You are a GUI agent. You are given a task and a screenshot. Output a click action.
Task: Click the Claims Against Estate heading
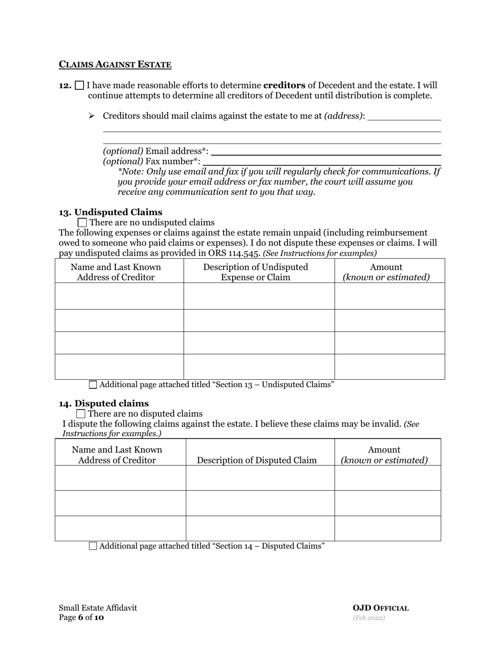coord(115,65)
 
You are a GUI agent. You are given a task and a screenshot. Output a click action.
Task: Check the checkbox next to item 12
coord(79,85)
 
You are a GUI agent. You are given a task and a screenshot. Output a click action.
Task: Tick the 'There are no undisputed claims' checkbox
coord(82,223)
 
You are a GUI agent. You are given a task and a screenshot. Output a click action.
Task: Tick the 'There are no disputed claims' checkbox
coord(81,414)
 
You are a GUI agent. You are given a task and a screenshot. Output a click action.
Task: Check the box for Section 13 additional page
coord(93,385)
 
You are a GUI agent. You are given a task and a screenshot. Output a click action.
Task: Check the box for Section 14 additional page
coord(93,546)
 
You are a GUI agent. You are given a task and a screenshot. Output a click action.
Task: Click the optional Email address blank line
coord(325,152)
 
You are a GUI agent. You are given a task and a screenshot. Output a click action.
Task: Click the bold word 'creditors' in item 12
coord(284,85)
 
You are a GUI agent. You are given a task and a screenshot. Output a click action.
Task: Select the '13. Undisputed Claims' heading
coord(111,212)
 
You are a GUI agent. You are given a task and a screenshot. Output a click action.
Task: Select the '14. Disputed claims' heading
coord(104,403)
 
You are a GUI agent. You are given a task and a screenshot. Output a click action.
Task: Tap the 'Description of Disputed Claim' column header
coord(257,460)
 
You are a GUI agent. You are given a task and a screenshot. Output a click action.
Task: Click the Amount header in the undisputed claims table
coord(386,267)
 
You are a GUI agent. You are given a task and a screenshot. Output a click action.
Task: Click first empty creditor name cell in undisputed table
coord(119,296)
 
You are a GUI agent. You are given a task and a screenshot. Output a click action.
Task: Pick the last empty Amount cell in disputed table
coord(387,528)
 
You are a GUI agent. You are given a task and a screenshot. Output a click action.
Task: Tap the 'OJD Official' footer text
coord(381,608)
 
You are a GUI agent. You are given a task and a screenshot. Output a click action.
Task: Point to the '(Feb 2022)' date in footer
coord(368,618)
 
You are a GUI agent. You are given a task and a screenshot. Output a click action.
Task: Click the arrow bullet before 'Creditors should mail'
coord(92,116)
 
